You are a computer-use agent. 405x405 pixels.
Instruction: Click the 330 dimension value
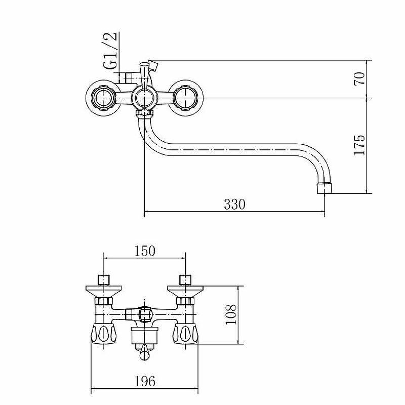point(234,204)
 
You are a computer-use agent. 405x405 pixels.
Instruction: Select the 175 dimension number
point(359,145)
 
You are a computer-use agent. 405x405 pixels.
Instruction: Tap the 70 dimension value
point(359,79)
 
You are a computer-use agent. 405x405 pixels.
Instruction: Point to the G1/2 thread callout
point(110,51)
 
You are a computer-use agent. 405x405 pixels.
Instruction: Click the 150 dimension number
point(145,251)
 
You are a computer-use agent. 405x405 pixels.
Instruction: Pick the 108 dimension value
point(231,314)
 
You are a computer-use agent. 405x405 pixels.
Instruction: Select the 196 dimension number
point(145,381)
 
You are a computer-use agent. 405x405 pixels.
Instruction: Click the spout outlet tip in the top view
point(324,188)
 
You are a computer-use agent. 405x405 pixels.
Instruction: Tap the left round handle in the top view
point(104,98)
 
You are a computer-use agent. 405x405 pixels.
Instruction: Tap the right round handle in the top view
point(185,98)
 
